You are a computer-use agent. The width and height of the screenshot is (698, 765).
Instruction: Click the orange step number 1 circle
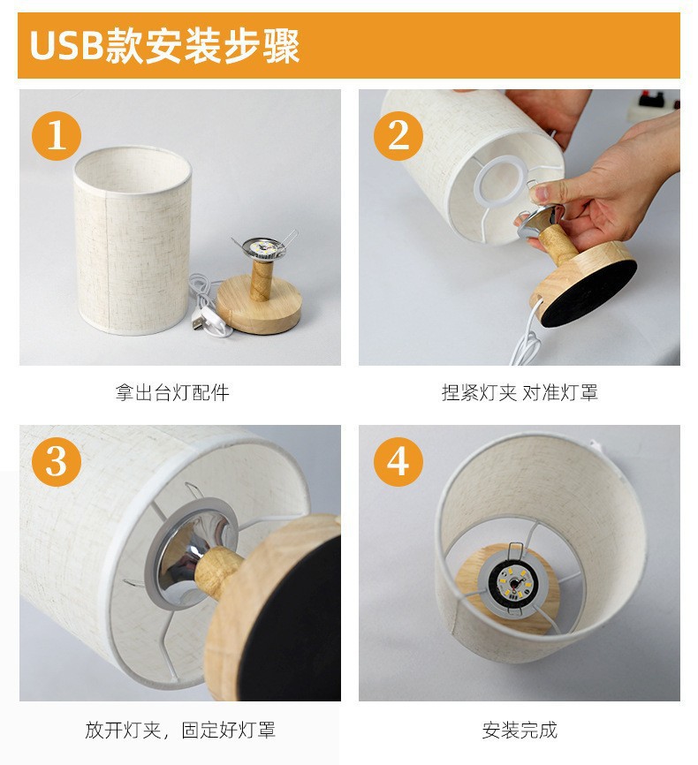coord(57,135)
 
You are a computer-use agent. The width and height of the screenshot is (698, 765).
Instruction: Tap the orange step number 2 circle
coord(398,135)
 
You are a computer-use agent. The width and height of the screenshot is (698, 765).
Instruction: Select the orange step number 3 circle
coord(57,461)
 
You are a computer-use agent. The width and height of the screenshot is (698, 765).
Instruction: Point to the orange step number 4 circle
coord(398,461)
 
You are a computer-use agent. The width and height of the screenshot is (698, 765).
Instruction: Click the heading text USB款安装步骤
coord(164,46)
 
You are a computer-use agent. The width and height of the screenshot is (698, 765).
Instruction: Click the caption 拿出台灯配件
coord(172,393)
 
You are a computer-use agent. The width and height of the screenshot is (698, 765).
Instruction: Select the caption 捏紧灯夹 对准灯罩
coord(520,393)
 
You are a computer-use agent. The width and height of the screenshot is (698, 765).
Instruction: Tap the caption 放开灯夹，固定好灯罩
coord(180,730)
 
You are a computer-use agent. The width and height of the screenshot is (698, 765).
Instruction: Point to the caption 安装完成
coord(520,730)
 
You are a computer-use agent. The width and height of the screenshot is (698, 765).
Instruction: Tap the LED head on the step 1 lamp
coord(264,247)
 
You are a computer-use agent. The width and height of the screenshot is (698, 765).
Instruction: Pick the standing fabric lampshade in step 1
coord(133,240)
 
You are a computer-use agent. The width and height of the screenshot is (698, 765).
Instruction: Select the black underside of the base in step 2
coord(590,293)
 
